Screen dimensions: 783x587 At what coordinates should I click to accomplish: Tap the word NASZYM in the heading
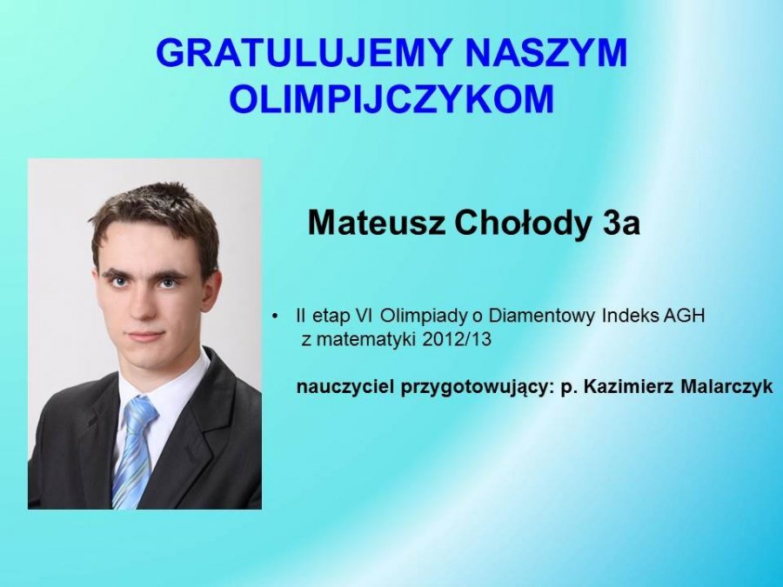pos(545,52)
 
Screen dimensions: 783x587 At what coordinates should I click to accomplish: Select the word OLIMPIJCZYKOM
pos(392,98)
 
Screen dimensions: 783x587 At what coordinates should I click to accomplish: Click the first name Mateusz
pos(376,223)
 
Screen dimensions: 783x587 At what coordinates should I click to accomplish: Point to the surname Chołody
pos(522,223)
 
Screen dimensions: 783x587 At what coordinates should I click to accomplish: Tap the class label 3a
pos(621,223)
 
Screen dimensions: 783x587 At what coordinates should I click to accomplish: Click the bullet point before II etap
pos(275,317)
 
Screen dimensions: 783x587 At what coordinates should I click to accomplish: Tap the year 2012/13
pos(457,339)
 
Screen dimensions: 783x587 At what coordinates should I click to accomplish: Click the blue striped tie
pos(133,451)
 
